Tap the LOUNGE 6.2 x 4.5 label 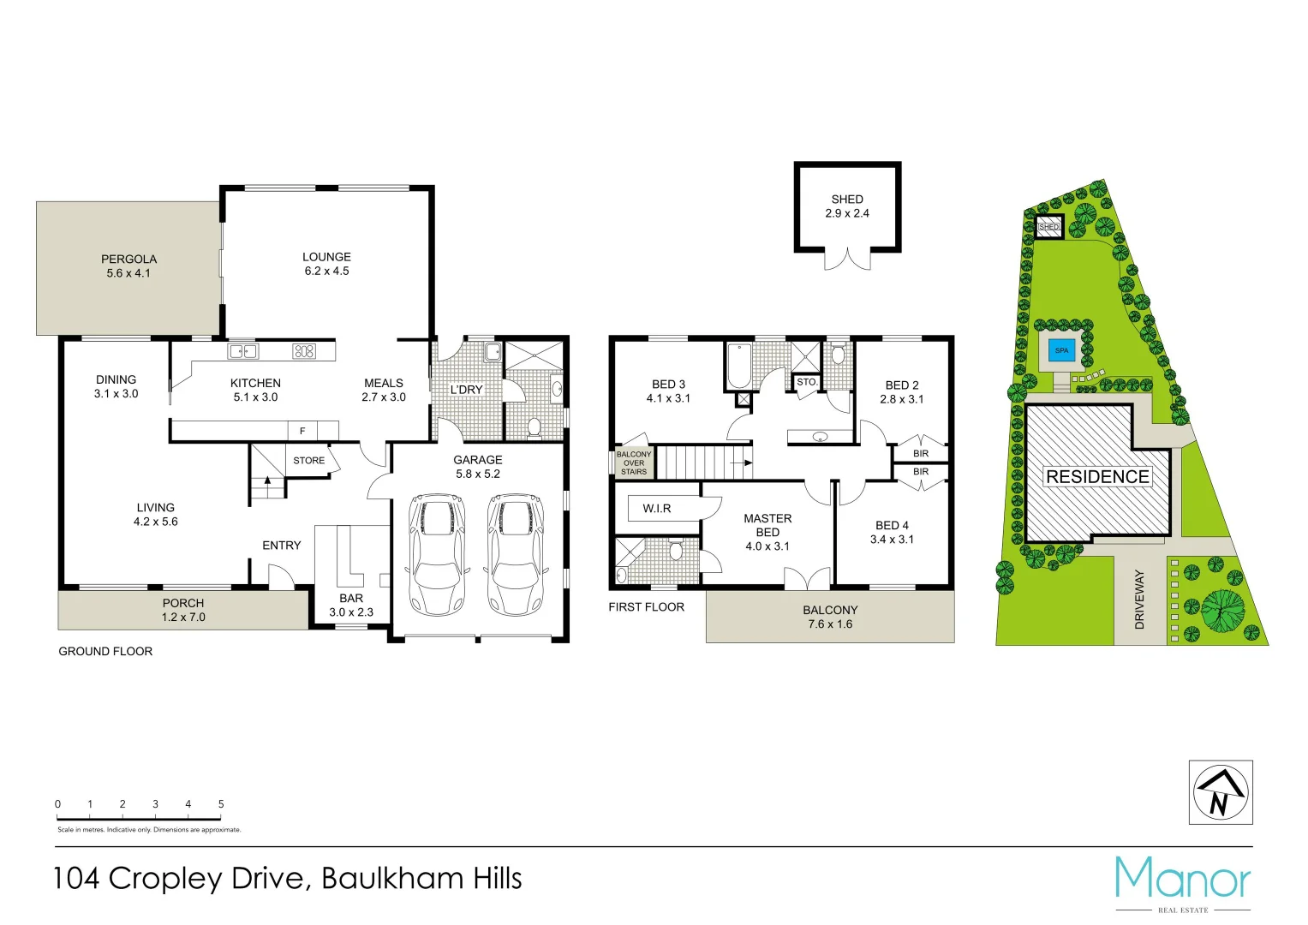[x=326, y=264]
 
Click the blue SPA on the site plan [x=1061, y=350]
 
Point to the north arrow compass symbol [x=1221, y=793]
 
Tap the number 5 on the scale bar [x=221, y=804]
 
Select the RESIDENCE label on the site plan [x=1097, y=477]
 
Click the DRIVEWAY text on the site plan [x=1139, y=600]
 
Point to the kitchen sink [x=243, y=351]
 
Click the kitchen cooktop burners [x=304, y=351]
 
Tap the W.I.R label [x=657, y=509]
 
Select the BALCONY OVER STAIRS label [x=634, y=463]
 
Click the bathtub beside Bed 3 [x=738, y=367]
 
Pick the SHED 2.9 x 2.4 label [x=847, y=206]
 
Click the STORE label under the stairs [x=308, y=461]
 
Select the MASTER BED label [x=767, y=526]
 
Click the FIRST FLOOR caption [x=647, y=607]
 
